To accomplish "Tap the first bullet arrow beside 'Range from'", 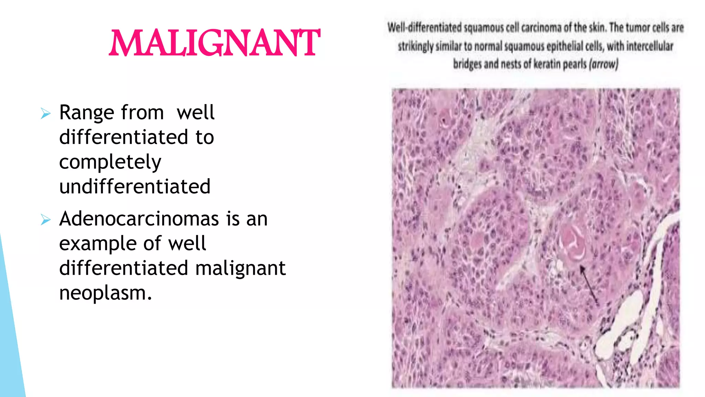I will (x=45, y=113).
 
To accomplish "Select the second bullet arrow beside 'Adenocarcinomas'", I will (x=45, y=219).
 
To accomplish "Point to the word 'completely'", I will (x=110, y=162).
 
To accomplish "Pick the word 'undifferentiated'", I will (x=135, y=187).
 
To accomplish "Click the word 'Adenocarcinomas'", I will (x=139, y=219).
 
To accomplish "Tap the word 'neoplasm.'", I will (x=105, y=293).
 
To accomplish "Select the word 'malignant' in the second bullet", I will (x=240, y=268).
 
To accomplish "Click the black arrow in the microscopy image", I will (x=589, y=285).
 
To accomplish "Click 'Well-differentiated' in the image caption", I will (x=424, y=28).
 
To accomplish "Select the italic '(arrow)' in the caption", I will (x=604, y=64).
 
